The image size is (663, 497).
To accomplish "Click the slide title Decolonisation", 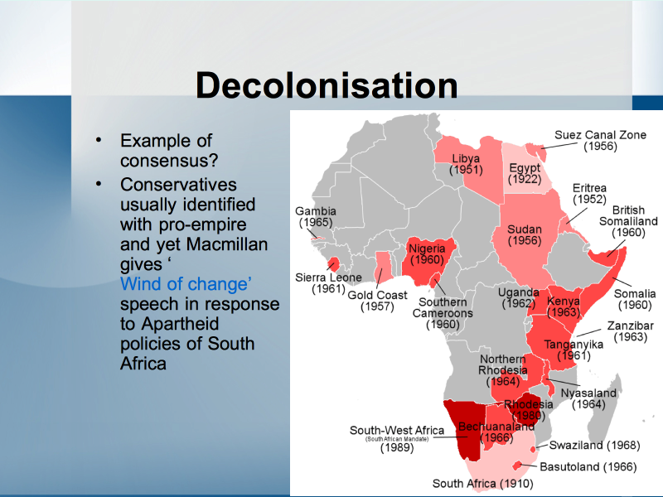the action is (x=327, y=85).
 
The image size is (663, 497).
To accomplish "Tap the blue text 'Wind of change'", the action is (x=186, y=284).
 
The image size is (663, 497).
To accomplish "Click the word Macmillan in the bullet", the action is (x=226, y=244).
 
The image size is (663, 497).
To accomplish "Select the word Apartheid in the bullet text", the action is (x=180, y=324).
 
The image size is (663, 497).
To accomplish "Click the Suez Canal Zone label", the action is (x=600, y=140).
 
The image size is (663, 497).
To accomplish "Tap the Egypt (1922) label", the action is (x=525, y=173).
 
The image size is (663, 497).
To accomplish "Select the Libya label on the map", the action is (x=466, y=164).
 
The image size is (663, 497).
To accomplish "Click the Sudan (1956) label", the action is (x=525, y=235).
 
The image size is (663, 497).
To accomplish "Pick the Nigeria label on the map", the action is (x=427, y=254).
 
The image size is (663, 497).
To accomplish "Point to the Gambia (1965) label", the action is (x=316, y=216).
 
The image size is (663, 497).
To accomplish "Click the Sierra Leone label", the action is (x=328, y=283).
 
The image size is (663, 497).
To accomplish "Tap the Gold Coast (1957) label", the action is (x=377, y=301).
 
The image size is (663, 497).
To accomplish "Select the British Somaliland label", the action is (x=628, y=221).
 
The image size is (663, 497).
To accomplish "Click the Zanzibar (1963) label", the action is (x=631, y=331).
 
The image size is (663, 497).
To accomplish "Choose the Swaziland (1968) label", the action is (x=594, y=445).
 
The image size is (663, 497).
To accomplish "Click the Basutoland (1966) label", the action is (x=588, y=466).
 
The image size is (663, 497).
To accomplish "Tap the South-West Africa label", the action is (x=397, y=439).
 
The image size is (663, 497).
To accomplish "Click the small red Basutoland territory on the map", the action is (x=516, y=466).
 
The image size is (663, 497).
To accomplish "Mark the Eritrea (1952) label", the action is (x=589, y=194).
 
